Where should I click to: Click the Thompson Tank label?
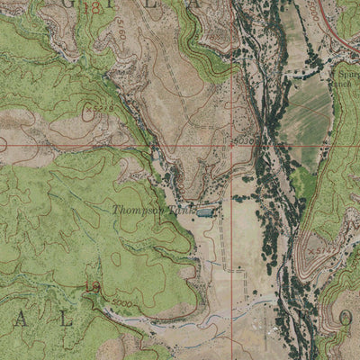[x=139, y=211]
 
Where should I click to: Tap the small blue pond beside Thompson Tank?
[x=206, y=212]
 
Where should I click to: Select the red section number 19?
[x=89, y=287]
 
